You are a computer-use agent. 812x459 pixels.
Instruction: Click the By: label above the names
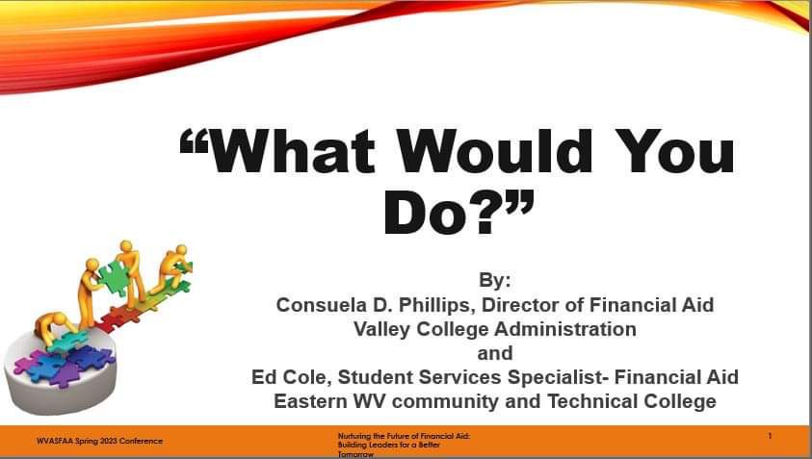(494, 280)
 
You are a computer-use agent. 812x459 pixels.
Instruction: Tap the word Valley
(382, 329)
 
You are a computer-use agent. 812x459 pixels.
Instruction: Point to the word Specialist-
(558, 377)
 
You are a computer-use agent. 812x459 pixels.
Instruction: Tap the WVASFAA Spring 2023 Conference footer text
(99, 442)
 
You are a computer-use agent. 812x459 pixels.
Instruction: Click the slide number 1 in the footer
(770, 436)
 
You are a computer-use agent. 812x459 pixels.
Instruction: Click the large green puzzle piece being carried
(114, 277)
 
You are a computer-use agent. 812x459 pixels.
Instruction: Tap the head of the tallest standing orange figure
(126, 246)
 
